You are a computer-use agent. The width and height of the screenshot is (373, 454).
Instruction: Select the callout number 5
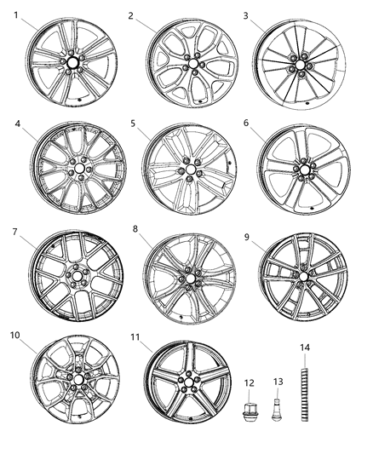[134, 124]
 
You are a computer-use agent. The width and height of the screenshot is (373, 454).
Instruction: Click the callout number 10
[14, 335]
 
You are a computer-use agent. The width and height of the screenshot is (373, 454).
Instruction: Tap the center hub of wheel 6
[302, 171]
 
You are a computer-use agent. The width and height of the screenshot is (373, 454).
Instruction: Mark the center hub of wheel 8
[189, 276]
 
